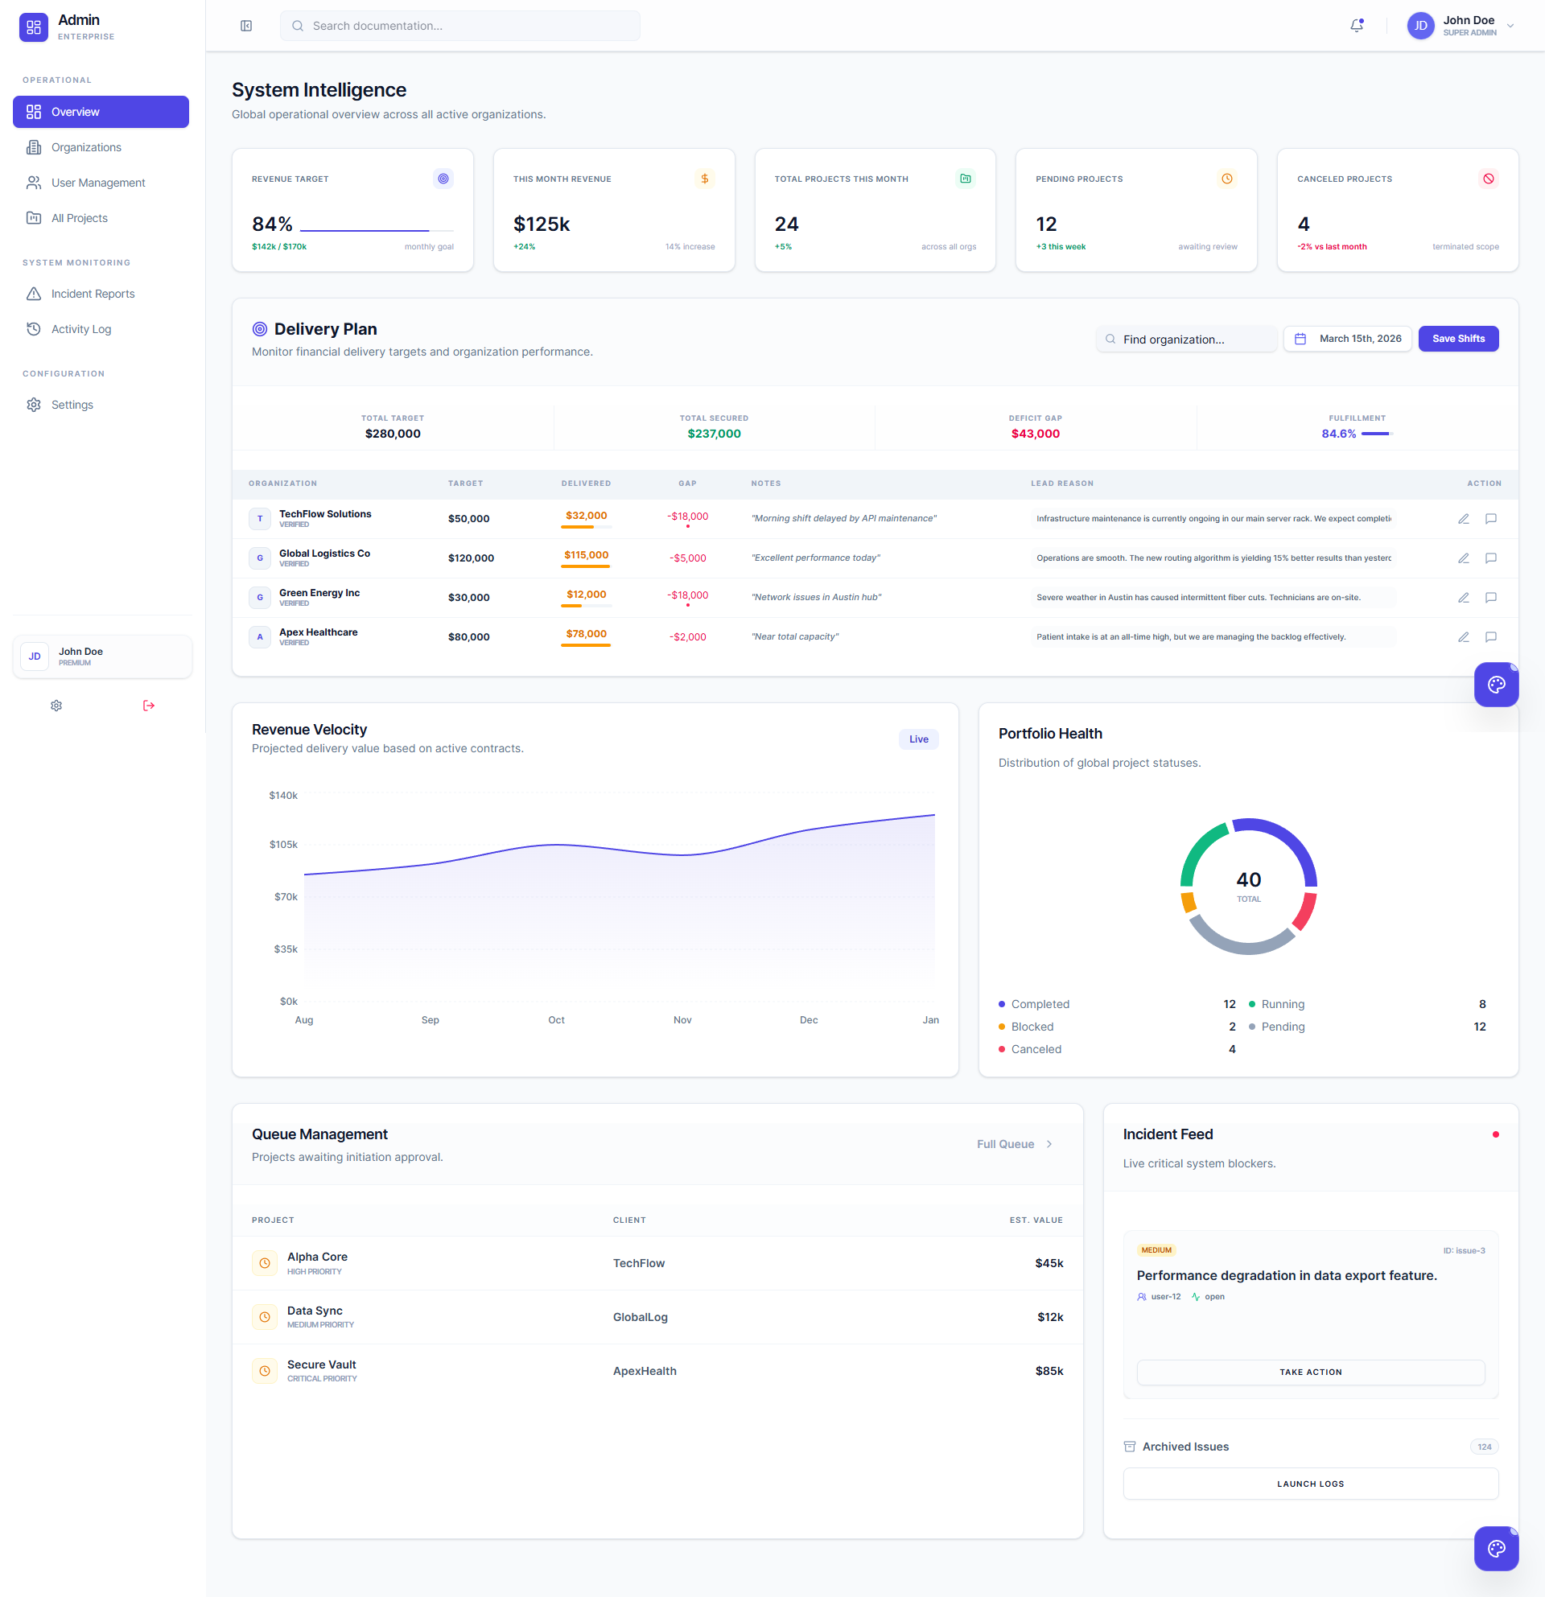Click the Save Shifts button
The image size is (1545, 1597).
(x=1458, y=339)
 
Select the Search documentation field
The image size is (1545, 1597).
(x=459, y=26)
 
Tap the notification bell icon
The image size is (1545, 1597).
(x=1357, y=26)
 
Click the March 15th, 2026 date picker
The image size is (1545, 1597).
(x=1348, y=339)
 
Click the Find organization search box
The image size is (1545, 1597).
(x=1186, y=339)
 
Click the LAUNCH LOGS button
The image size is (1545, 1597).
(x=1310, y=1484)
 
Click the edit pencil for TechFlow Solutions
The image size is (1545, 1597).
(x=1464, y=519)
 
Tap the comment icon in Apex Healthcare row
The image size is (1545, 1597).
(x=1490, y=637)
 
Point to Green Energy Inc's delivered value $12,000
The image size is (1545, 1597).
(x=586, y=595)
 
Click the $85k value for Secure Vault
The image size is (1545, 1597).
(x=1049, y=1371)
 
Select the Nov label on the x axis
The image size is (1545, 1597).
(x=682, y=1020)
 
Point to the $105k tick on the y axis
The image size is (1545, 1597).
(x=283, y=845)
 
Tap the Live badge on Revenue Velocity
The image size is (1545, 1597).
(x=918, y=739)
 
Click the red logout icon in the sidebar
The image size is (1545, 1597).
(x=148, y=706)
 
